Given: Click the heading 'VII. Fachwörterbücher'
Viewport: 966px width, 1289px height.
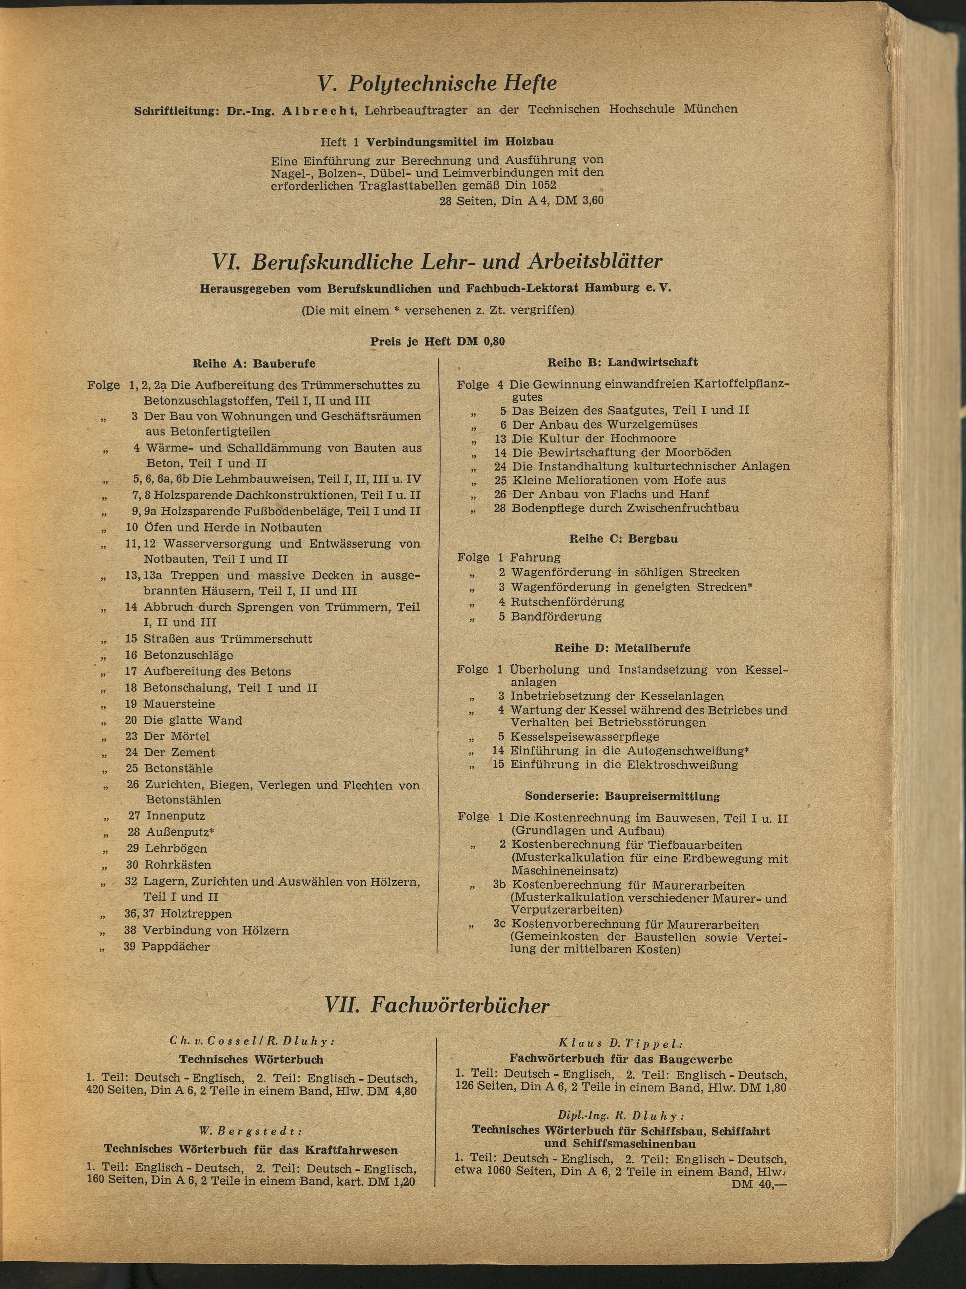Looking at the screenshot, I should coord(436,1005).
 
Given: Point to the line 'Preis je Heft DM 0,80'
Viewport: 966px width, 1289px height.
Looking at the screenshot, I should coord(437,341).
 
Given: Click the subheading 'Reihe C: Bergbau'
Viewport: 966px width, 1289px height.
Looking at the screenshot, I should coord(623,539).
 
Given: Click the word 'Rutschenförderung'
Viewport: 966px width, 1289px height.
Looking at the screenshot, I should coord(567,601).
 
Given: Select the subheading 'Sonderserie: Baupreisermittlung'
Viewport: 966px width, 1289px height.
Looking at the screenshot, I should coord(622,796).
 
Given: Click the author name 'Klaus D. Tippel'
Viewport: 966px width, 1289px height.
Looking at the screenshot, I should coord(620,1044).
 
